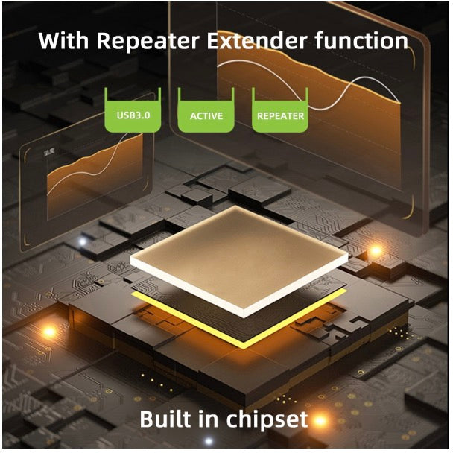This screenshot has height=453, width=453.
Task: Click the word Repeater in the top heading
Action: tap(132, 40)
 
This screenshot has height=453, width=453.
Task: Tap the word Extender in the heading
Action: tap(249, 40)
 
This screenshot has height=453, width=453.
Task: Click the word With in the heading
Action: tap(59, 40)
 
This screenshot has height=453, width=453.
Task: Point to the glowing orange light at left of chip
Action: tap(50, 329)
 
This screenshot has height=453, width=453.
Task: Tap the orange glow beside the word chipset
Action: tap(320, 422)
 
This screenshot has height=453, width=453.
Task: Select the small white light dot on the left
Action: tap(82, 241)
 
